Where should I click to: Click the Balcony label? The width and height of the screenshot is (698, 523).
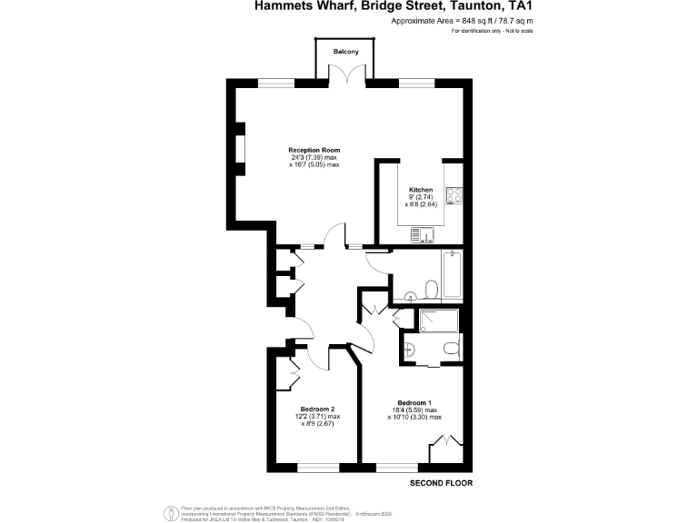[x=345, y=52]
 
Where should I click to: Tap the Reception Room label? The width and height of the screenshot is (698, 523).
[x=314, y=150]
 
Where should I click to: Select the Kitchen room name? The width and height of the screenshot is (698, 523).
[x=421, y=190]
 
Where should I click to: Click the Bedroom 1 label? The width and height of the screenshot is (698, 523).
[x=414, y=402]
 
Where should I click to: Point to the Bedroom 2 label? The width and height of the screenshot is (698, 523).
[x=318, y=409]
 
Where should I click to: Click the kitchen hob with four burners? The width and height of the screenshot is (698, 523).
[x=455, y=195]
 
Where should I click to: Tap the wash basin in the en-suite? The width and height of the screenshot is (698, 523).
[x=408, y=349]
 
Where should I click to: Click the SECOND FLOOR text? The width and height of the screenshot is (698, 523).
[x=442, y=482]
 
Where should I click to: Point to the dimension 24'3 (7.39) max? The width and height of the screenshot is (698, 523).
[x=314, y=157]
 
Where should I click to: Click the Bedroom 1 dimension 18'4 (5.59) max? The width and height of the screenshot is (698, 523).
[x=414, y=410]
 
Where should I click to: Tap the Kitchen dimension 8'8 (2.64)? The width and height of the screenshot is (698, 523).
[x=421, y=204]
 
